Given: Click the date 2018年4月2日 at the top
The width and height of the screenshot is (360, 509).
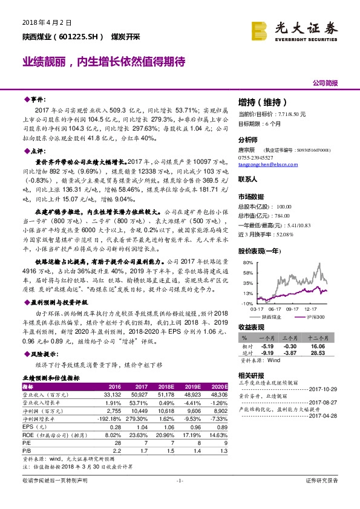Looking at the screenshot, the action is tap(47, 22).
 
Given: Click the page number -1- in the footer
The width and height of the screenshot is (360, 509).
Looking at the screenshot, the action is tap(180, 498).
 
